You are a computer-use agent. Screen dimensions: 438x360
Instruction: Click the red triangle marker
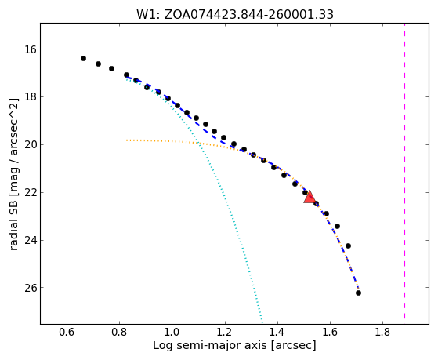coord(309,198)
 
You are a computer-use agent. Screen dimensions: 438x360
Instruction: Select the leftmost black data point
coord(83,59)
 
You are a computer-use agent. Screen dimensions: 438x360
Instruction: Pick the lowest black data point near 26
coord(358,293)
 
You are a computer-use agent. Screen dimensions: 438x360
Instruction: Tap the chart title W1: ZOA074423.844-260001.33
coord(235,15)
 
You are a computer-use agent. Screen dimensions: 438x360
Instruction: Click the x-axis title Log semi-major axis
coord(210,345)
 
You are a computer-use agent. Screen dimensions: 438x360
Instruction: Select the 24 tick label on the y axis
coord(31,240)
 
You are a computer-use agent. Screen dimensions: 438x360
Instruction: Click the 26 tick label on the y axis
coord(31,288)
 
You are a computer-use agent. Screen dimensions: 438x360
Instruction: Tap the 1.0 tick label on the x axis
coord(172,332)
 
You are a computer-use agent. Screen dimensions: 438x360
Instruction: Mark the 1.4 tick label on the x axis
coord(277,332)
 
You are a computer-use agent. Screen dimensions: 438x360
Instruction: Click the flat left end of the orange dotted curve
coord(127,140)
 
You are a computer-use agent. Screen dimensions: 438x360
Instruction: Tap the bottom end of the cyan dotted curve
coord(262,322)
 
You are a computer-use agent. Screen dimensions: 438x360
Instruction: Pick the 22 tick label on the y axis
coord(31,193)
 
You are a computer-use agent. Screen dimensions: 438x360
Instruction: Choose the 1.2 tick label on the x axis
coord(225,332)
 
